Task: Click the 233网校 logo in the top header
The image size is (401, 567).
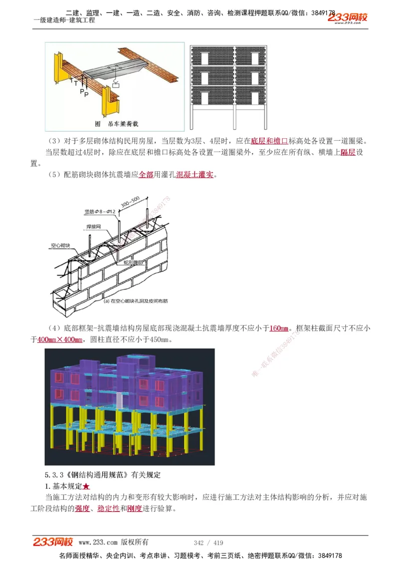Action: coord(347,18)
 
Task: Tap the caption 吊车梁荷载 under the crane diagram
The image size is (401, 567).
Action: coord(117,123)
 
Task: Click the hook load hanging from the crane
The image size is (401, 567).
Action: coord(116,86)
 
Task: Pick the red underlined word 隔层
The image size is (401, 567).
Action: coord(348,152)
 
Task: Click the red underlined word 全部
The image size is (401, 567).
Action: coord(146,175)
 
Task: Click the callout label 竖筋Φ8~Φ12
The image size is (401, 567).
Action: coord(100,212)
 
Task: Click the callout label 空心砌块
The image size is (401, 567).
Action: coord(60,246)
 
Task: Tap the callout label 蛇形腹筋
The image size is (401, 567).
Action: coord(134,261)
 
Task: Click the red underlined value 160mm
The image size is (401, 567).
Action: coord(279,329)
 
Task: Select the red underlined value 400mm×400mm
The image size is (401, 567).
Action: coord(60,340)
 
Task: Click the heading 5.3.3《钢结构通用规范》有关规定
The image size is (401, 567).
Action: coord(103,474)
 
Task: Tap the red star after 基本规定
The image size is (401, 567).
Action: coord(86,486)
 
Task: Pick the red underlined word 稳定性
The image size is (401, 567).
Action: coord(108,508)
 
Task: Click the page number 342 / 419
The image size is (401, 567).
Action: coord(208,542)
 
